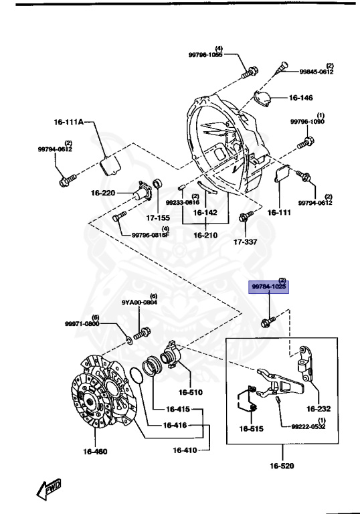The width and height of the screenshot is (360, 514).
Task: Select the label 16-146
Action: (x=300, y=98)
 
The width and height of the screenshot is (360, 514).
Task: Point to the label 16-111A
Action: (x=70, y=122)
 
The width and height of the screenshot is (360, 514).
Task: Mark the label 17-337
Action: (x=246, y=242)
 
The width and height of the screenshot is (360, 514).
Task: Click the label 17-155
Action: (x=159, y=218)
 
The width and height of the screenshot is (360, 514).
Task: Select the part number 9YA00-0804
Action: (x=141, y=303)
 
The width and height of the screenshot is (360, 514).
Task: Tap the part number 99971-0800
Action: (x=82, y=324)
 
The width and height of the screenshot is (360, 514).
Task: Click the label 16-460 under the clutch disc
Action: (x=95, y=452)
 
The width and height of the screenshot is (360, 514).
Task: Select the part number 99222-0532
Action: (x=308, y=426)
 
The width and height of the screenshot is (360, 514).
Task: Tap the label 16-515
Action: (x=252, y=428)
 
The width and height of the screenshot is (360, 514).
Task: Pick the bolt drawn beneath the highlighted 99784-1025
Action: (x=266, y=322)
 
